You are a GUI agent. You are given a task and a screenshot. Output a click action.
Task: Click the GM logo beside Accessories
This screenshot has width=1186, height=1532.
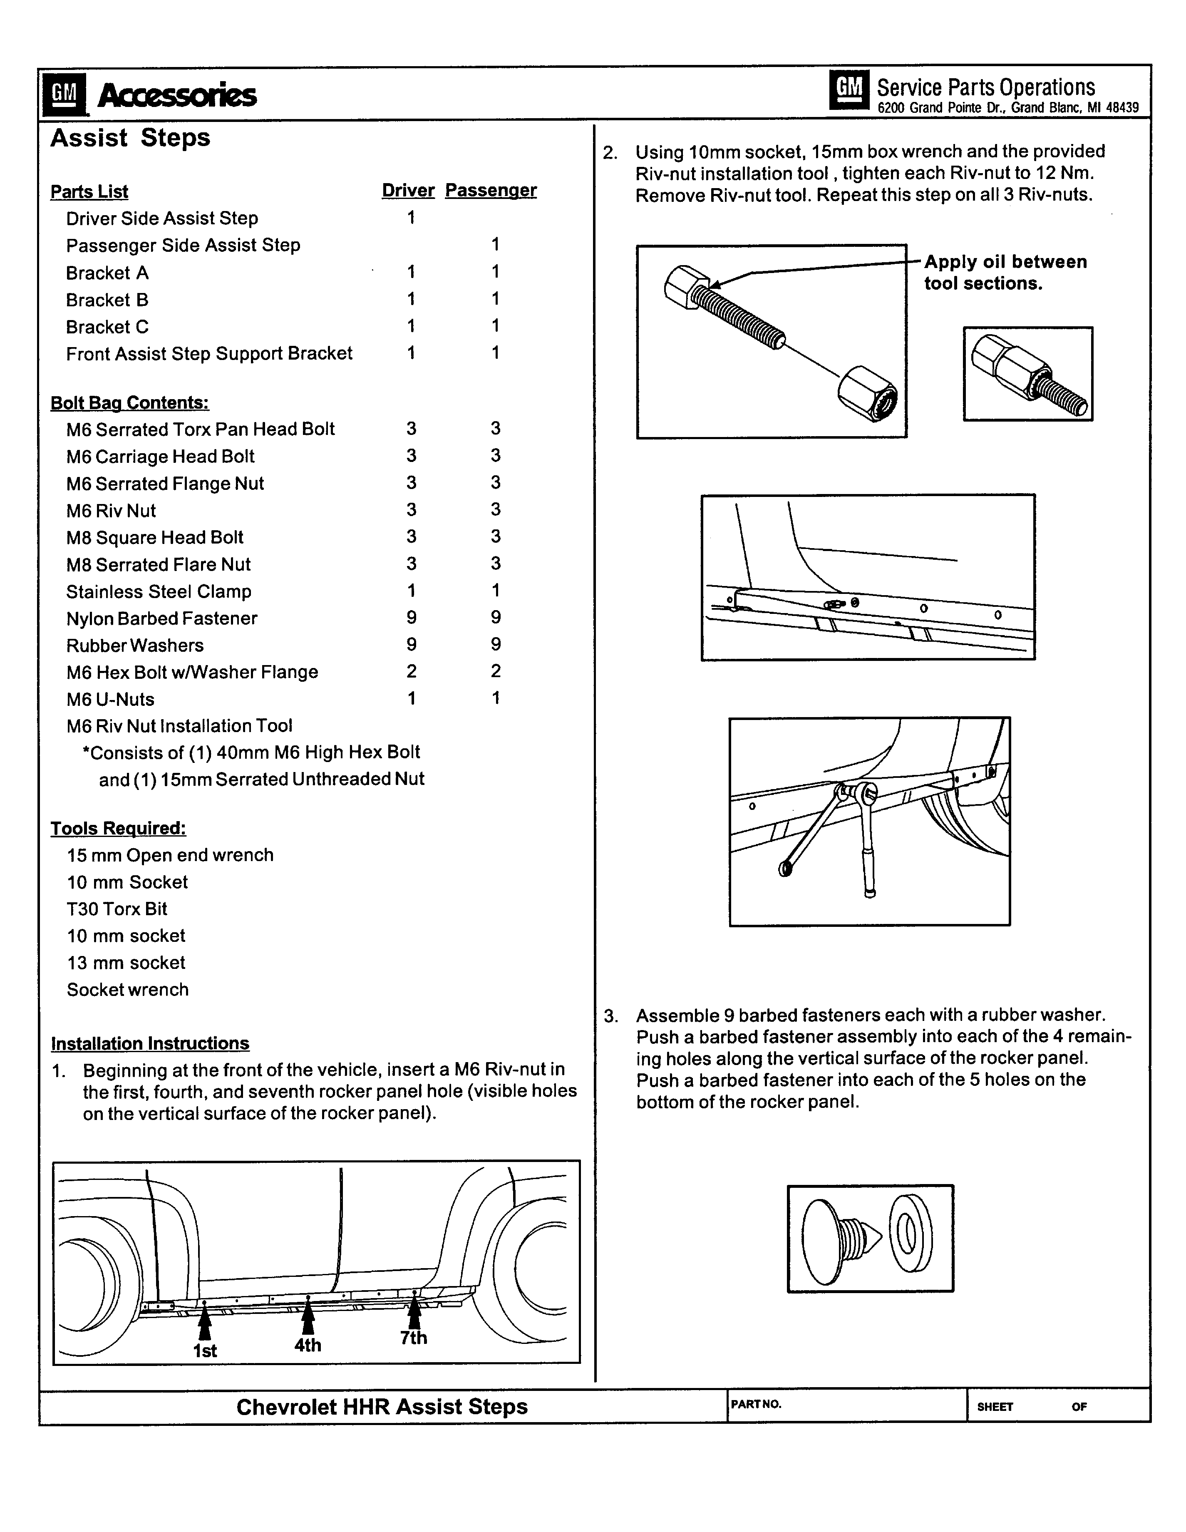pos(64,93)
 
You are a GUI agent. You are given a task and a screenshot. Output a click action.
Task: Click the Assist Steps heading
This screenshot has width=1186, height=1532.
pos(130,137)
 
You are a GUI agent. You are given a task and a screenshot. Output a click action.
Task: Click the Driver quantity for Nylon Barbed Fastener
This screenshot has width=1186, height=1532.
pos(411,617)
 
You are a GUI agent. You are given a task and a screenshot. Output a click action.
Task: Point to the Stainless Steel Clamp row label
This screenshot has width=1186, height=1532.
pos(159,591)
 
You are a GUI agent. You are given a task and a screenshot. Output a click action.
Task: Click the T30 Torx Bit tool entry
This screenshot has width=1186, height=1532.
pos(117,909)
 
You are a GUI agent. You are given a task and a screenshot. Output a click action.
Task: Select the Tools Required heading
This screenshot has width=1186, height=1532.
pos(118,829)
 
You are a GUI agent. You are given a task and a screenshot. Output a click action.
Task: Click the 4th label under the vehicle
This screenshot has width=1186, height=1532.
pos(307,1345)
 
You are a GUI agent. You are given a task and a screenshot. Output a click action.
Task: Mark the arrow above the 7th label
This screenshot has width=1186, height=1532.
pos(414,1312)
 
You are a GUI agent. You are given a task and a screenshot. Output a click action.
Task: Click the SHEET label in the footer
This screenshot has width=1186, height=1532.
pos(995,1406)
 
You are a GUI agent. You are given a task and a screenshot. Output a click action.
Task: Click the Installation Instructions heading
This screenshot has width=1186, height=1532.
pos(150,1043)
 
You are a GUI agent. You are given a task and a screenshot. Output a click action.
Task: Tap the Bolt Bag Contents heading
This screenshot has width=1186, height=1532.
pos(129,402)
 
